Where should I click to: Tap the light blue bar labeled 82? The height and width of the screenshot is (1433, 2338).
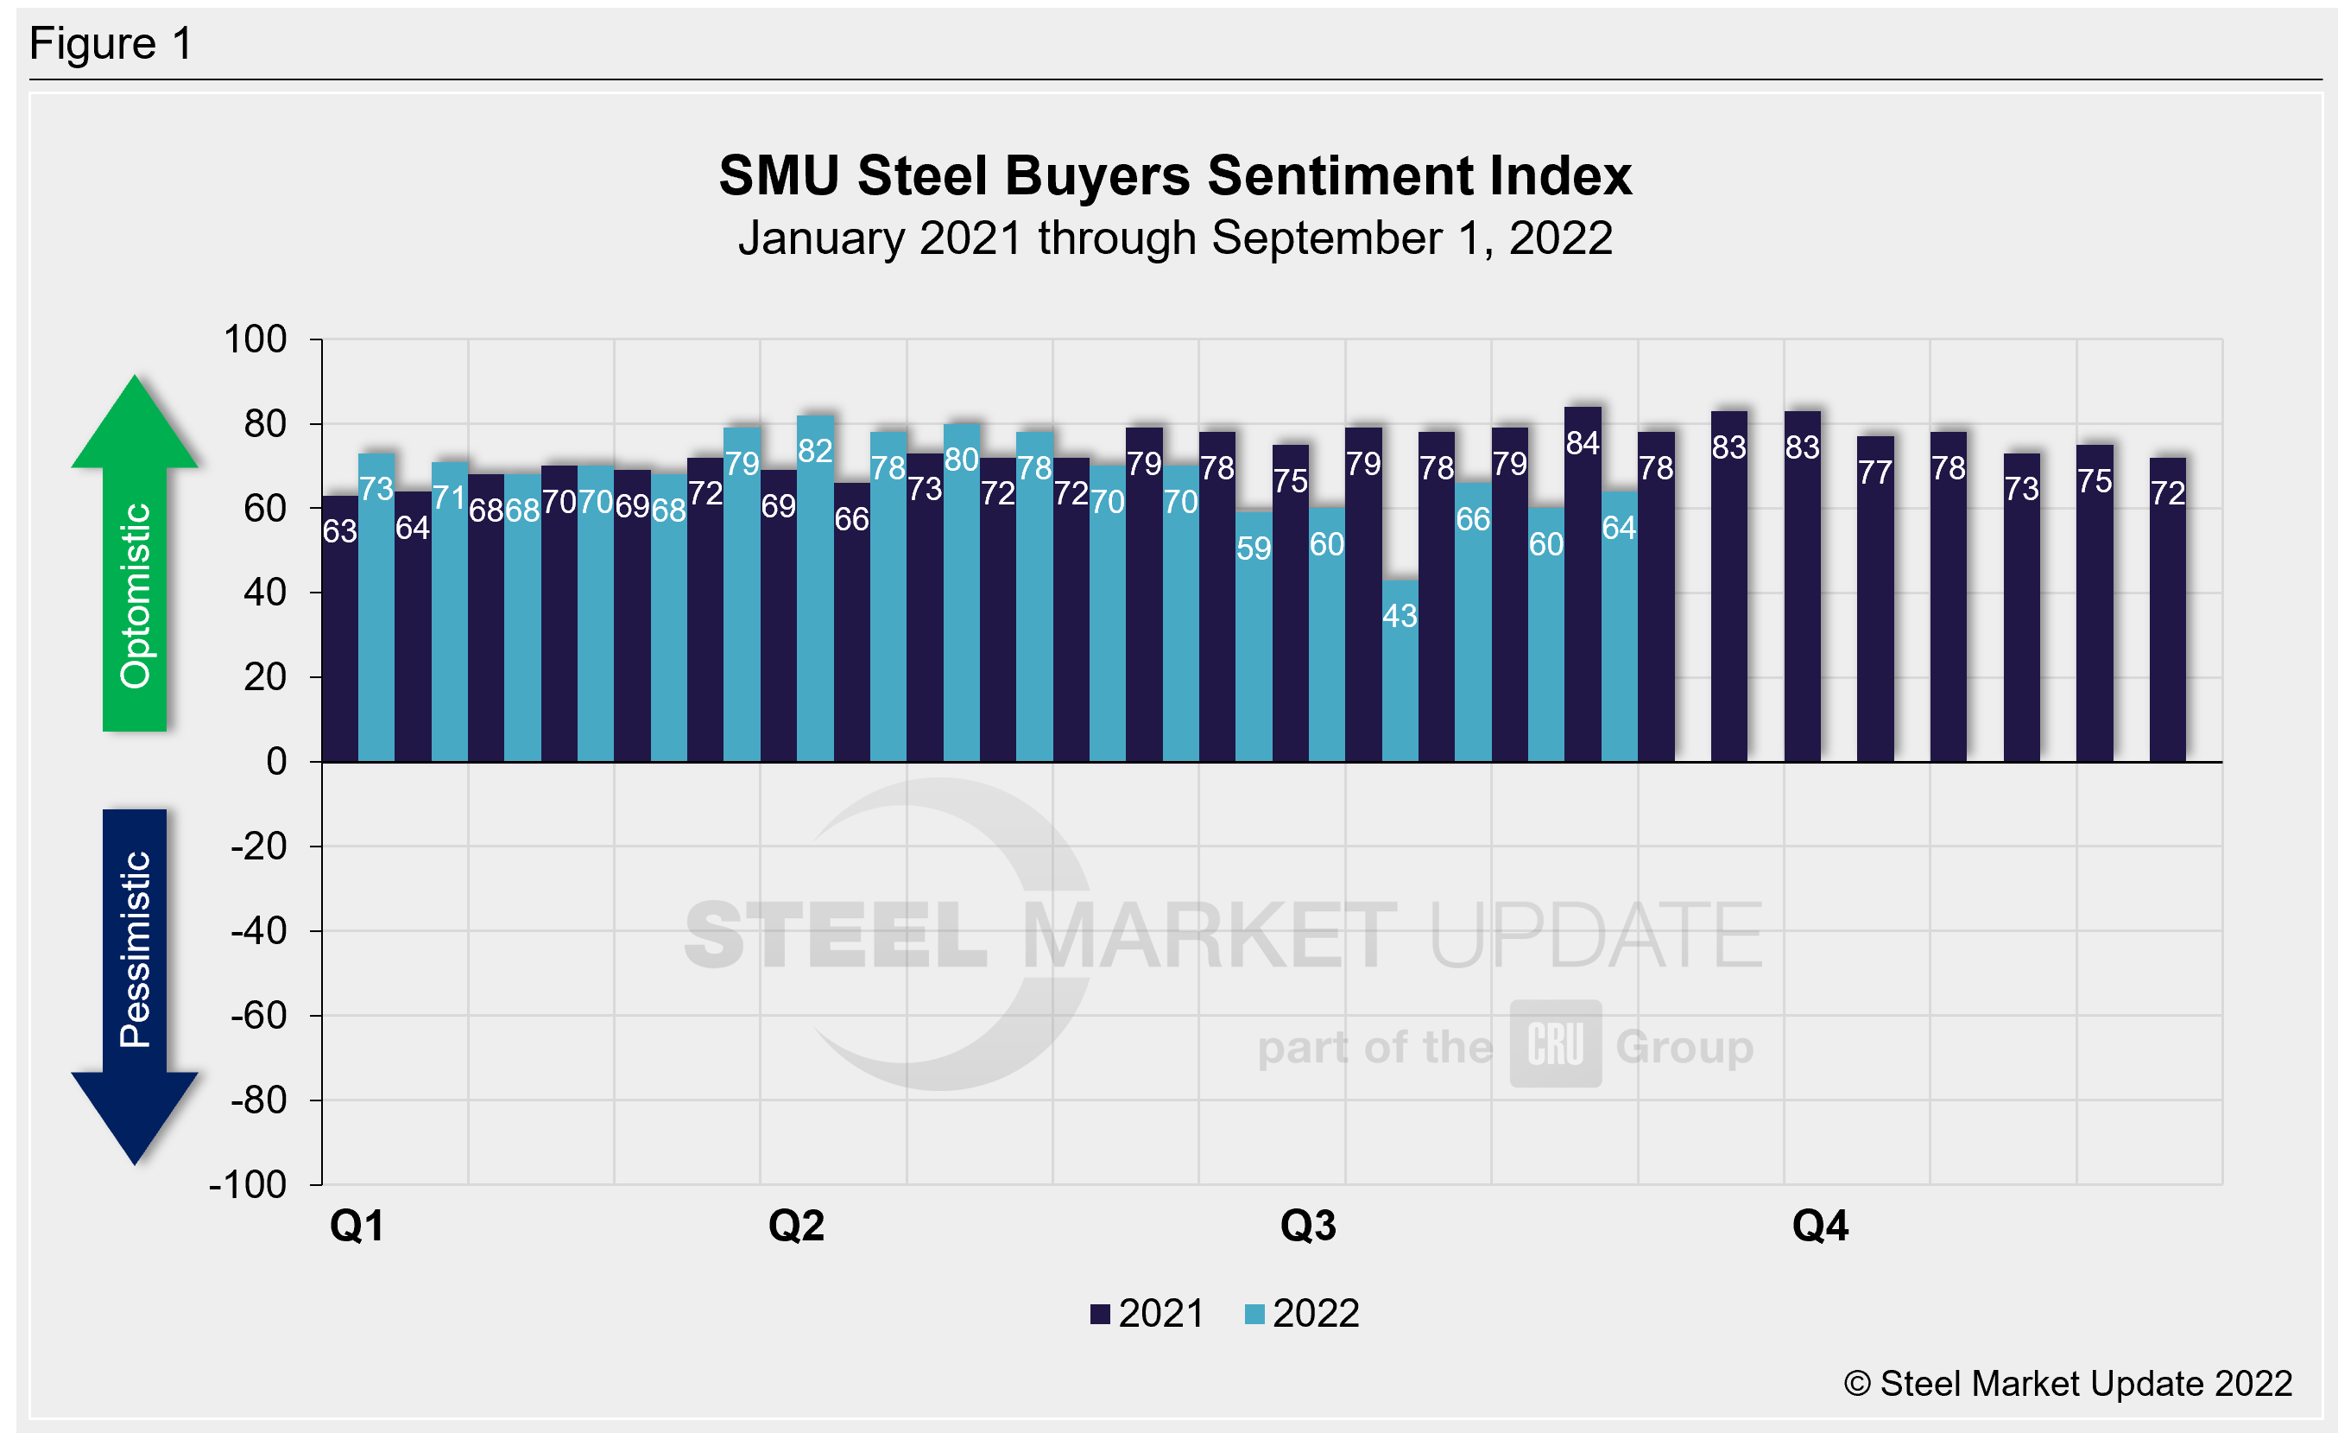point(815,588)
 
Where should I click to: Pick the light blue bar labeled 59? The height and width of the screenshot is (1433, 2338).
point(1254,637)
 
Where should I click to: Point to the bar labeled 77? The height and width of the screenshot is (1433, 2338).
point(1875,599)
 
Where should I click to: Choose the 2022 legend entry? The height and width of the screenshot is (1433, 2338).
point(1302,1314)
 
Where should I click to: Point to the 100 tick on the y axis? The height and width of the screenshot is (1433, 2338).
point(256,339)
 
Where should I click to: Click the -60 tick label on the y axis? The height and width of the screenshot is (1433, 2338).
point(259,1016)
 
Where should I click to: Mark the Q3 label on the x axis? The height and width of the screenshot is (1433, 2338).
point(1307,1225)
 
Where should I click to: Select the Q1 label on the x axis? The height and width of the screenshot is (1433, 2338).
point(357,1225)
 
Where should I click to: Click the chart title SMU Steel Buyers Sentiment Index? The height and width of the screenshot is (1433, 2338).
point(1175,176)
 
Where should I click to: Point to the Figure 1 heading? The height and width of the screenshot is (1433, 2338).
point(111,44)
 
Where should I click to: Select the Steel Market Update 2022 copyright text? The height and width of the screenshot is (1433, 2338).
point(2068,1384)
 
